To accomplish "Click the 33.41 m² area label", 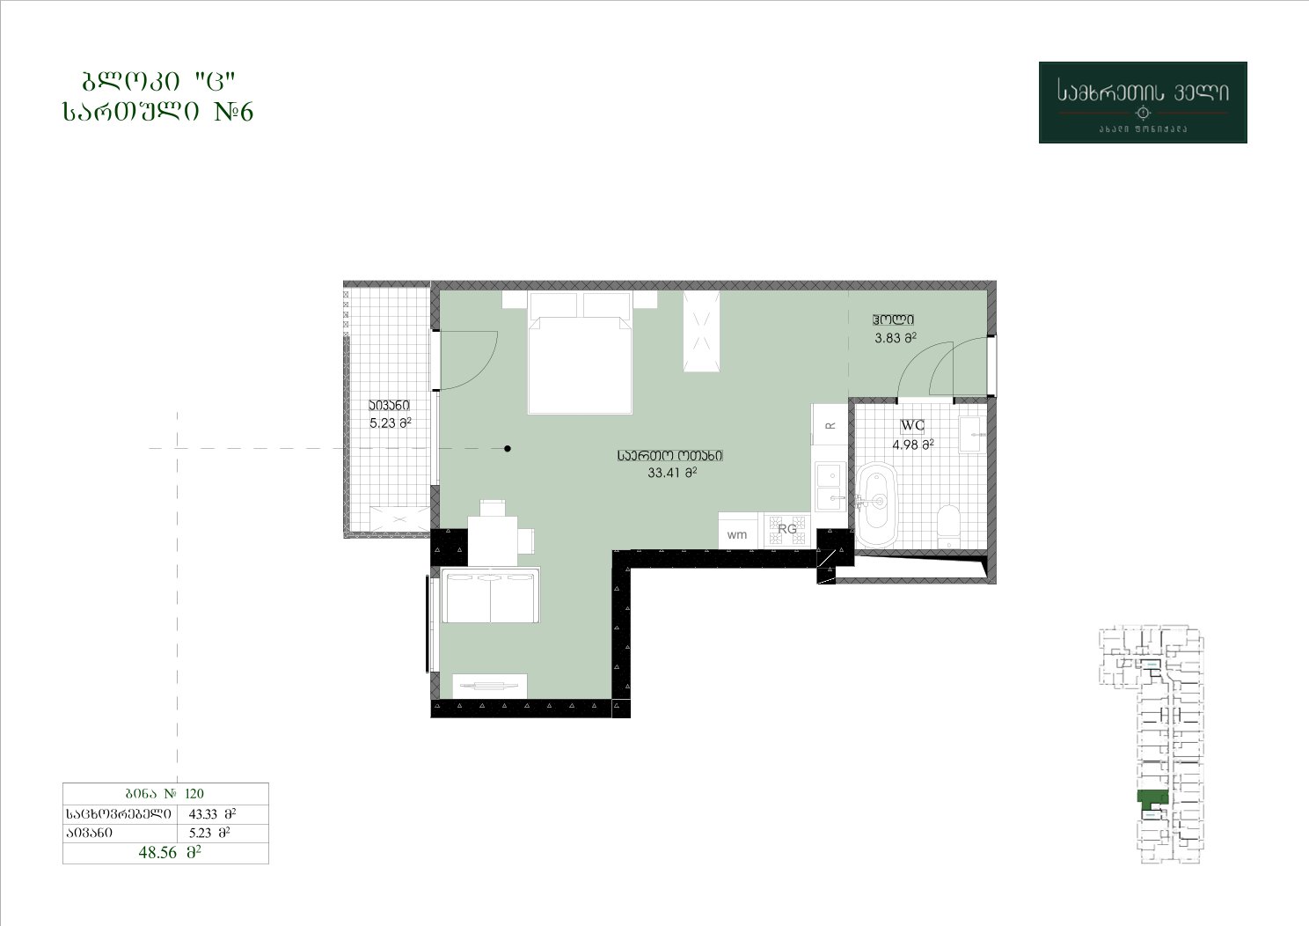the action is [x=672, y=473].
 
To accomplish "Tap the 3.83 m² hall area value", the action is [x=896, y=337].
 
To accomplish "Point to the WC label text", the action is [x=912, y=425].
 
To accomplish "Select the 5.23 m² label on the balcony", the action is [x=391, y=423].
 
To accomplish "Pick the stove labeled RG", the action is [x=787, y=530].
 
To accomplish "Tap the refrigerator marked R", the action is [x=830, y=425].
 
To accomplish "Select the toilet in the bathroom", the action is [x=947, y=522].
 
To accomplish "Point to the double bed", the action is [x=580, y=352].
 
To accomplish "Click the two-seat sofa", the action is [x=490, y=595].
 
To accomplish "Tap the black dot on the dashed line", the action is [x=508, y=448].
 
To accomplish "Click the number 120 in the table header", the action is [x=194, y=793].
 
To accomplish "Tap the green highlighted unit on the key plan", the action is [x=1152, y=796].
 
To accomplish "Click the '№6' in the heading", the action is [x=234, y=111].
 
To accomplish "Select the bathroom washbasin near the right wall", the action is [x=972, y=434].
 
